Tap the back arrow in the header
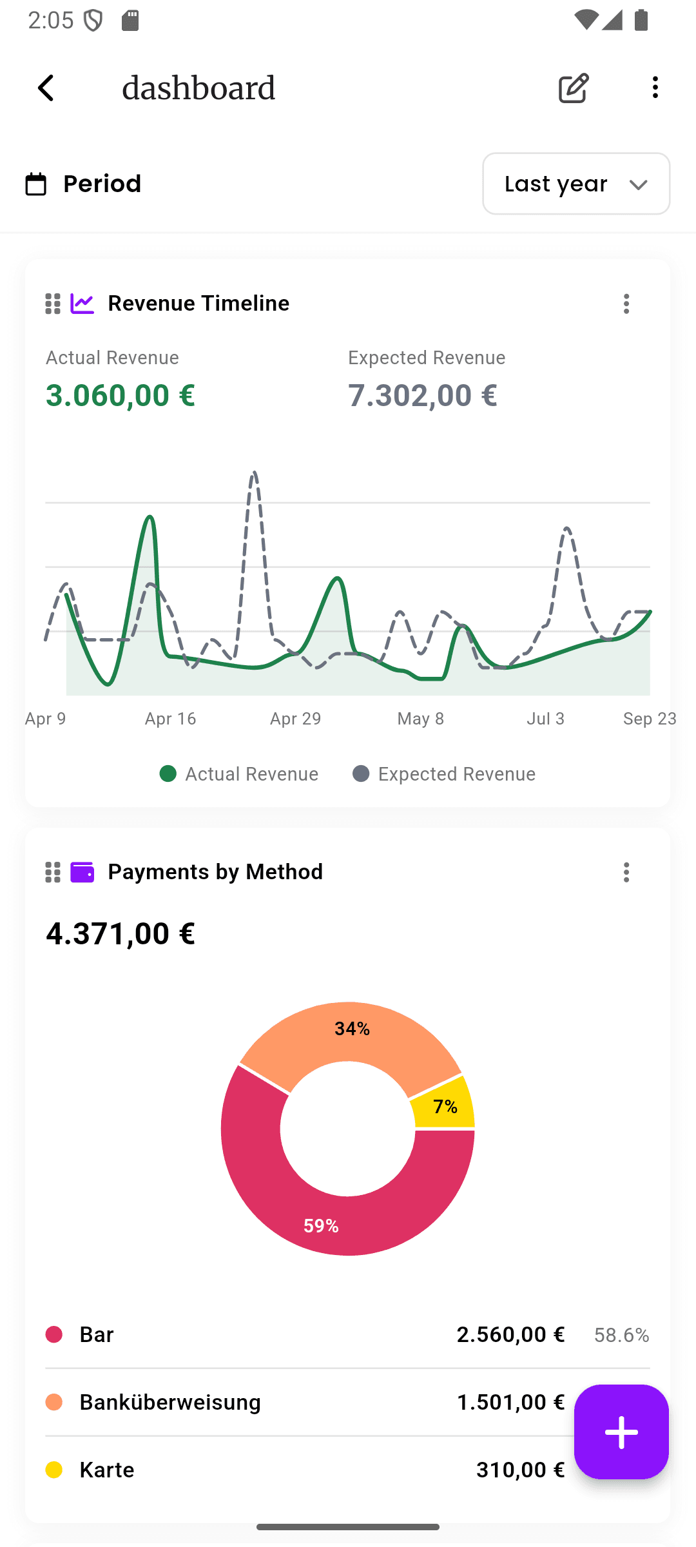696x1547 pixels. coord(46,88)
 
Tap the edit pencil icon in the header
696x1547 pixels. coord(574,88)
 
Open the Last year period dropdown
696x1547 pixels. coord(575,184)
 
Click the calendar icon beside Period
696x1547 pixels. coord(36,184)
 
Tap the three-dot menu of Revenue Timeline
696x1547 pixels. coord(626,304)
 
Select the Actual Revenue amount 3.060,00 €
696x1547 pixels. coord(121,395)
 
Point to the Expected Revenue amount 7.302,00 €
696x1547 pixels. coord(423,395)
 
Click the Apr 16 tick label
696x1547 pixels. coord(170,719)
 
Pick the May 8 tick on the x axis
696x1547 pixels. coord(420,719)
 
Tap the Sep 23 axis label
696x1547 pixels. coord(649,719)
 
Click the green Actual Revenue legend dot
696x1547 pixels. coord(168,773)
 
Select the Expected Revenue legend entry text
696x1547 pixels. coord(456,774)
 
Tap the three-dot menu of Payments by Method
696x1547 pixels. coord(626,872)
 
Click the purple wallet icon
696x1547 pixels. coord(82,872)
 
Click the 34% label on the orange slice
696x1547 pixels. coord(352,1029)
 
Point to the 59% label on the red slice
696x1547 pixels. coord(321,1226)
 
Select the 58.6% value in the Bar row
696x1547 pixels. coord(621,1335)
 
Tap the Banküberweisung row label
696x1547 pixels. coord(170,1402)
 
